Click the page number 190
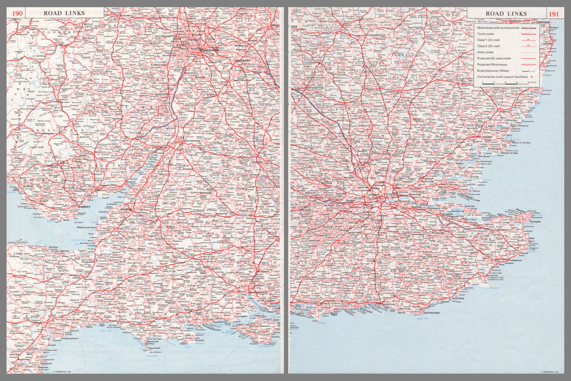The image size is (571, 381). [x=18, y=13]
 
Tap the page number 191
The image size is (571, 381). [x=553, y=14]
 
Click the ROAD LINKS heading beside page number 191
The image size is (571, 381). [x=502, y=14]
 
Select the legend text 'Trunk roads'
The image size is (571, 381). [x=487, y=34]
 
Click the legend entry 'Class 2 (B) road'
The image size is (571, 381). [x=490, y=46]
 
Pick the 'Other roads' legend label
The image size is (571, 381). [x=486, y=52]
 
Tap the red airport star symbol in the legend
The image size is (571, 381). [x=531, y=76]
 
